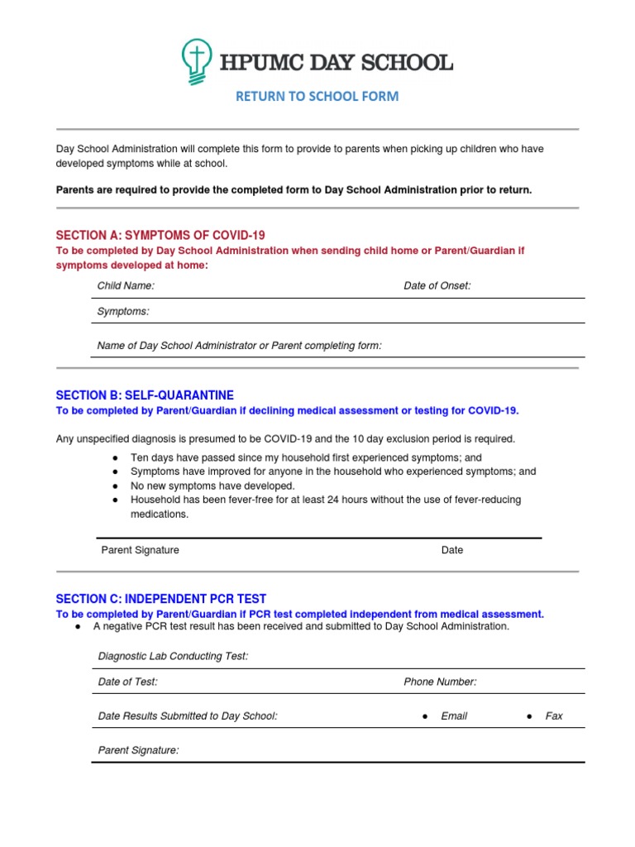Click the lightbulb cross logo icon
pos(195,63)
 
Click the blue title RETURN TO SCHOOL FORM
pos(317,96)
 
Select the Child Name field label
pos(126,285)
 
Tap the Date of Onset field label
pos(437,285)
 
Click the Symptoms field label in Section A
pos(123,311)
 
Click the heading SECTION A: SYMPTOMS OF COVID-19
pos(160,235)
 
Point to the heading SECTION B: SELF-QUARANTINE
pos(145,395)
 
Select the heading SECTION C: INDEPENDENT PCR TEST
pos(161,598)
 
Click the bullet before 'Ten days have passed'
pos(114,457)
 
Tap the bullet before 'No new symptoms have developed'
pos(114,486)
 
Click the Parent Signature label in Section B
pos(140,550)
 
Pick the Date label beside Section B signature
pos(452,550)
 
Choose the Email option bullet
pos(424,716)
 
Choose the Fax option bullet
pos(528,716)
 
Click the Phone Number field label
pos(440,682)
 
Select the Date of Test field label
pos(127,682)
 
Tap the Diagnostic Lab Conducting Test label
pos(173,656)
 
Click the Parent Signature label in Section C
pos(138,750)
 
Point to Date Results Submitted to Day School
pos(188,715)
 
